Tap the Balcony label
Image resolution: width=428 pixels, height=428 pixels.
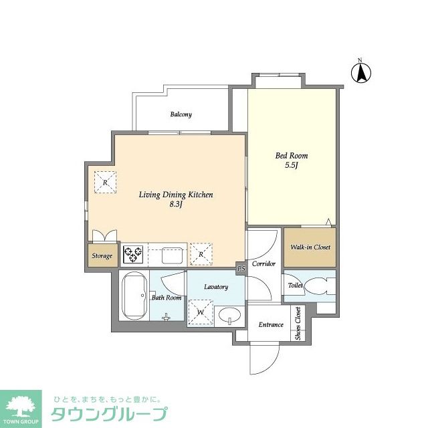[x=181, y=114]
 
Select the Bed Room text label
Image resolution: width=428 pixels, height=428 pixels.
[x=292, y=156]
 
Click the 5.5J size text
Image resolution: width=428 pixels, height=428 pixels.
[x=292, y=166]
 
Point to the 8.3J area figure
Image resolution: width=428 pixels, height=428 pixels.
[x=176, y=205]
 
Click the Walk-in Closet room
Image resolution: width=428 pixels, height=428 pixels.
[x=310, y=247]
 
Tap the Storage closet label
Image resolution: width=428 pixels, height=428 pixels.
[x=102, y=255]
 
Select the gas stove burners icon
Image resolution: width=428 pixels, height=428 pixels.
[x=133, y=254]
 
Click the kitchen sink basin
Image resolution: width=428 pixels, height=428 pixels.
[x=171, y=255]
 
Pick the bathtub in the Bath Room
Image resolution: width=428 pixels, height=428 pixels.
[x=134, y=296]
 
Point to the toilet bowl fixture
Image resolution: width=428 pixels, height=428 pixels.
[x=318, y=286]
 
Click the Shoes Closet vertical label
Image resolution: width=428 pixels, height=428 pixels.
[x=298, y=324]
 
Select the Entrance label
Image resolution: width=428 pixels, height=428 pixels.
[x=271, y=325]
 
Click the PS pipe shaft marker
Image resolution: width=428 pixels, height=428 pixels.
[x=241, y=269]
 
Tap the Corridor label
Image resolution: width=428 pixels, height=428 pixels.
[x=264, y=263]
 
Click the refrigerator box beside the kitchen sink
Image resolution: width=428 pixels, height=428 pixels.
[x=201, y=253]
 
